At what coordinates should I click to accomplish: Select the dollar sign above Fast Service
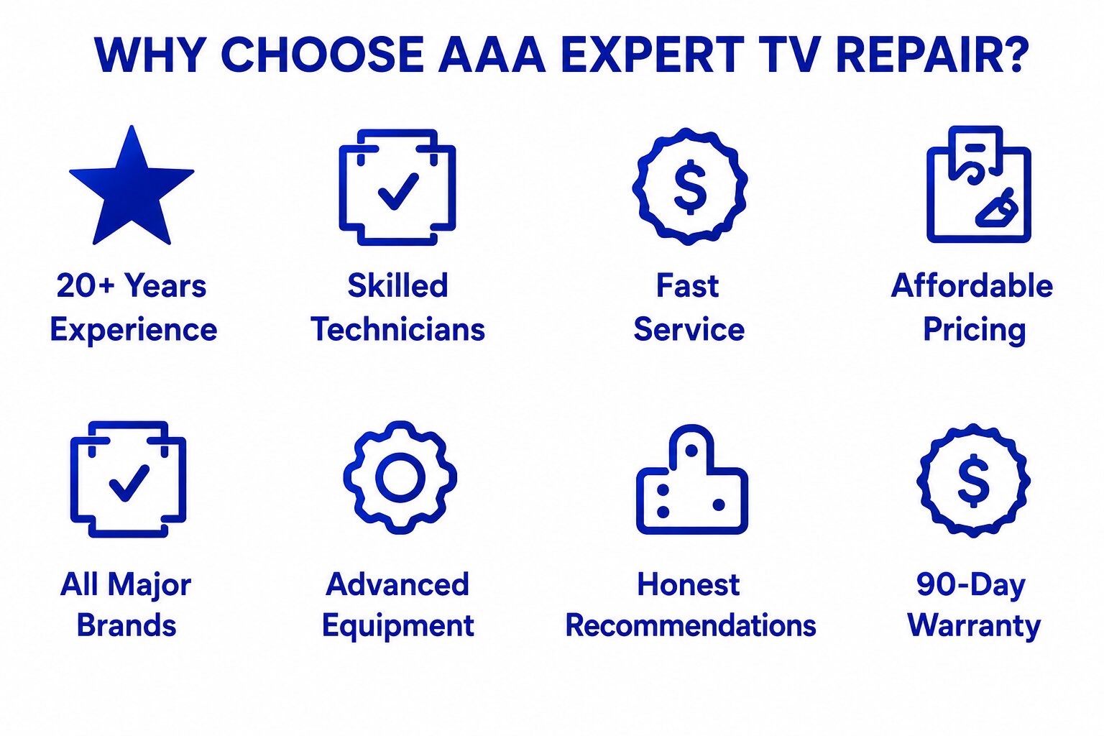[x=690, y=188]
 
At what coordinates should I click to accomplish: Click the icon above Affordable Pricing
[x=979, y=184]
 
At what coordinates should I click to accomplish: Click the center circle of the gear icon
[x=400, y=477]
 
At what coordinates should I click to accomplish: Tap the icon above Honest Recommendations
[x=692, y=479]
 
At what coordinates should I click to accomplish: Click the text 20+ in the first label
[x=86, y=285]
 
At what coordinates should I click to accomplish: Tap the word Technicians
[x=397, y=329]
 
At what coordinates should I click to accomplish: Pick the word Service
[x=689, y=329]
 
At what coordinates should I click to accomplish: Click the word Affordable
[x=972, y=285]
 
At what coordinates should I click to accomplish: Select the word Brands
[x=126, y=625]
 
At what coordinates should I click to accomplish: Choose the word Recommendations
[x=691, y=625]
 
